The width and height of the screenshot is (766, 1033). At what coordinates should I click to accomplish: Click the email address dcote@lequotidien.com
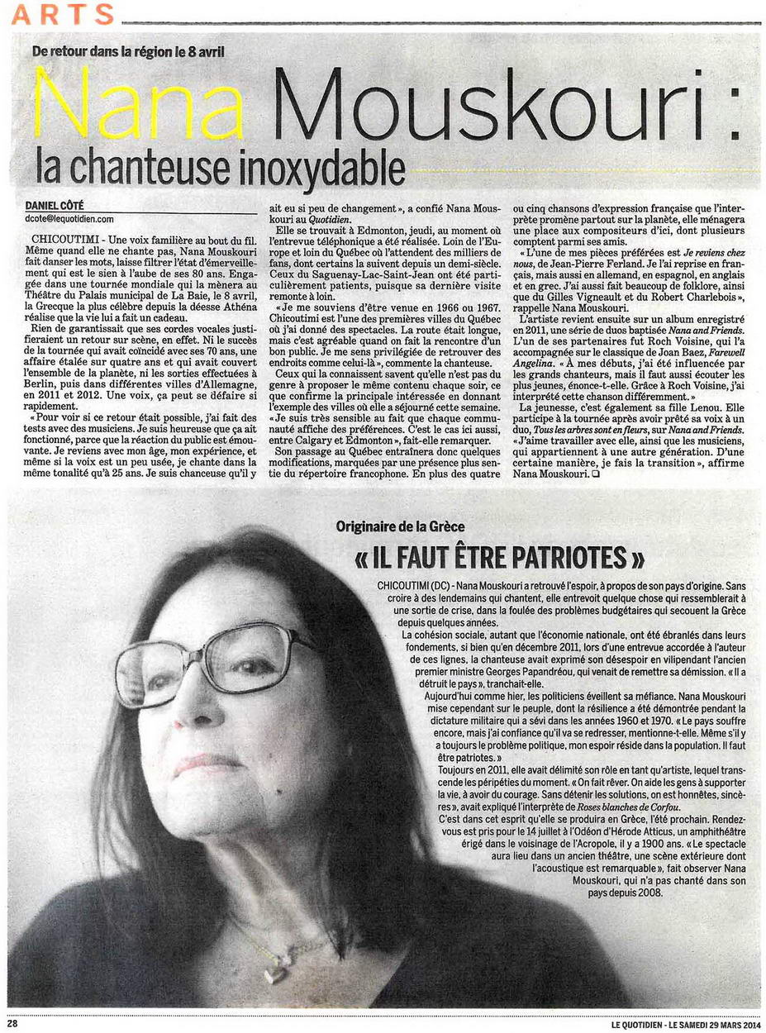pos(69,219)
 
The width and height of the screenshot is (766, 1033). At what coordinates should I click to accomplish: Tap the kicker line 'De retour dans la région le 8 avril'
pos(128,51)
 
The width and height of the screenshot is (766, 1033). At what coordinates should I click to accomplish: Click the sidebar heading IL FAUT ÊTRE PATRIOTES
pos(498,559)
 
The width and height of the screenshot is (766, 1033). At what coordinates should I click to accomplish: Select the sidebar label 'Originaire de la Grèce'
pos(400,526)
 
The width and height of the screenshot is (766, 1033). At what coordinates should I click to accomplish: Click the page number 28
pos(13,1024)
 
